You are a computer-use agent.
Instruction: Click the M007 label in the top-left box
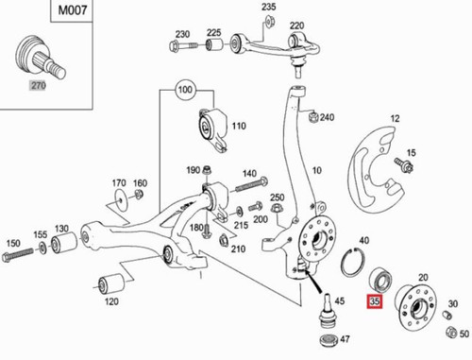point(35,12)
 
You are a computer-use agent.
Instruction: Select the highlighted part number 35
point(376,302)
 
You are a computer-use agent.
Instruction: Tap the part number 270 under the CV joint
point(39,83)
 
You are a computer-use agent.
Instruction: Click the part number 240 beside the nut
point(328,117)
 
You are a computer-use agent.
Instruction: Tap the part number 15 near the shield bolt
point(410,152)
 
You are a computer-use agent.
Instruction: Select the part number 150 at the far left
point(13,243)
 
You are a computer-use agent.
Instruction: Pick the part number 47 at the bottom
point(344,337)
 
